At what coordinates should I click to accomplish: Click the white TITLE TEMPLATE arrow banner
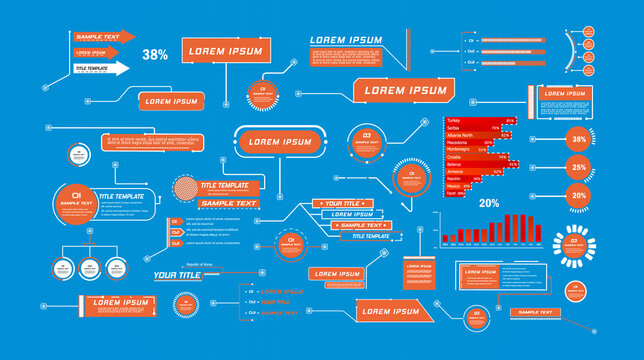(x=100, y=68)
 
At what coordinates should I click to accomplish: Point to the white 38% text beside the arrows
(x=155, y=55)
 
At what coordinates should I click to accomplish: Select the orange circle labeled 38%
(x=579, y=140)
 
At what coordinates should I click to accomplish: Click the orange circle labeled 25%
(x=579, y=168)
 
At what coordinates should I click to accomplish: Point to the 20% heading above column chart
(x=489, y=203)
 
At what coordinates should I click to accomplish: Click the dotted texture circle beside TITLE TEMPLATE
(x=185, y=190)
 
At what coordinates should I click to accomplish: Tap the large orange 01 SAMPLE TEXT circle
(x=75, y=200)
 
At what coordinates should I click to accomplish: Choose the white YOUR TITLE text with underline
(x=177, y=275)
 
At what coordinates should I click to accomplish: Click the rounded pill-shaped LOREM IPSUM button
(x=279, y=142)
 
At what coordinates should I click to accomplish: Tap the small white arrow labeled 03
(x=175, y=243)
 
